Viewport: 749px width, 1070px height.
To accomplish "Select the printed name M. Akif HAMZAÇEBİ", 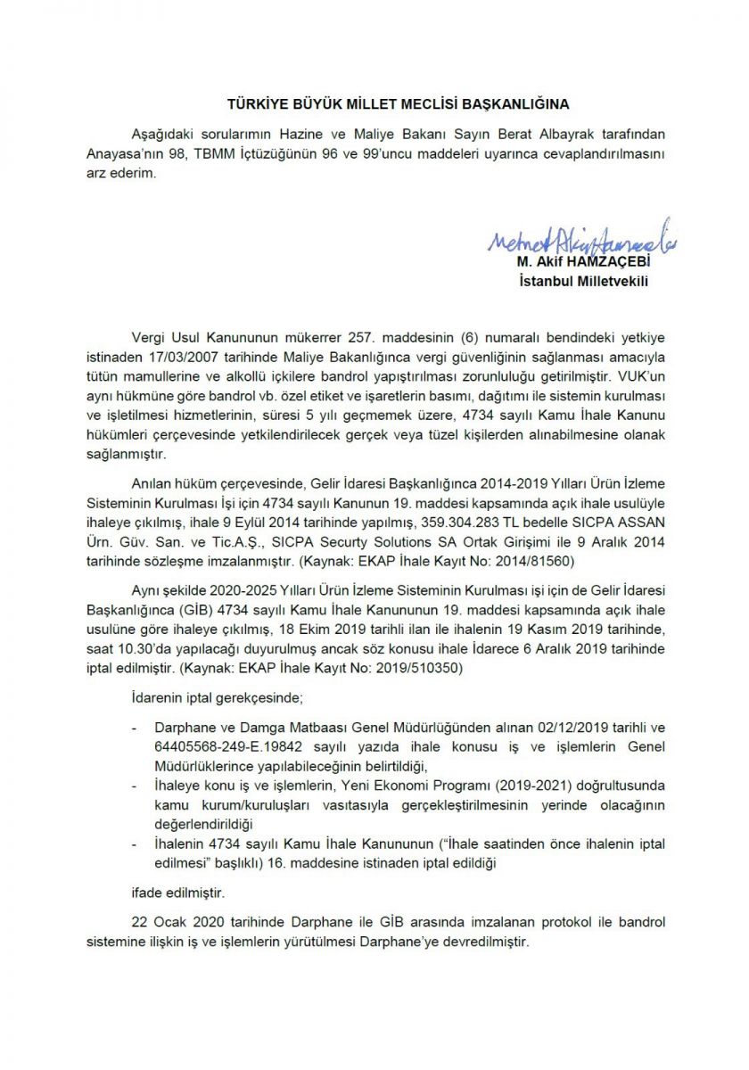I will coord(583,263).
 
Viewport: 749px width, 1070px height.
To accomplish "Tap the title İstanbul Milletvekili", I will coord(583,282).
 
